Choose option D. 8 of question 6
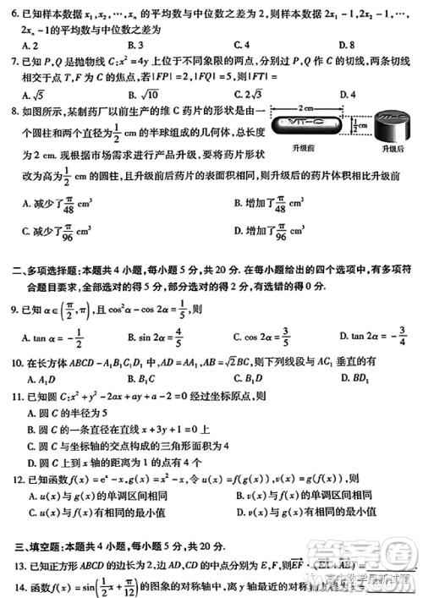[343, 44]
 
